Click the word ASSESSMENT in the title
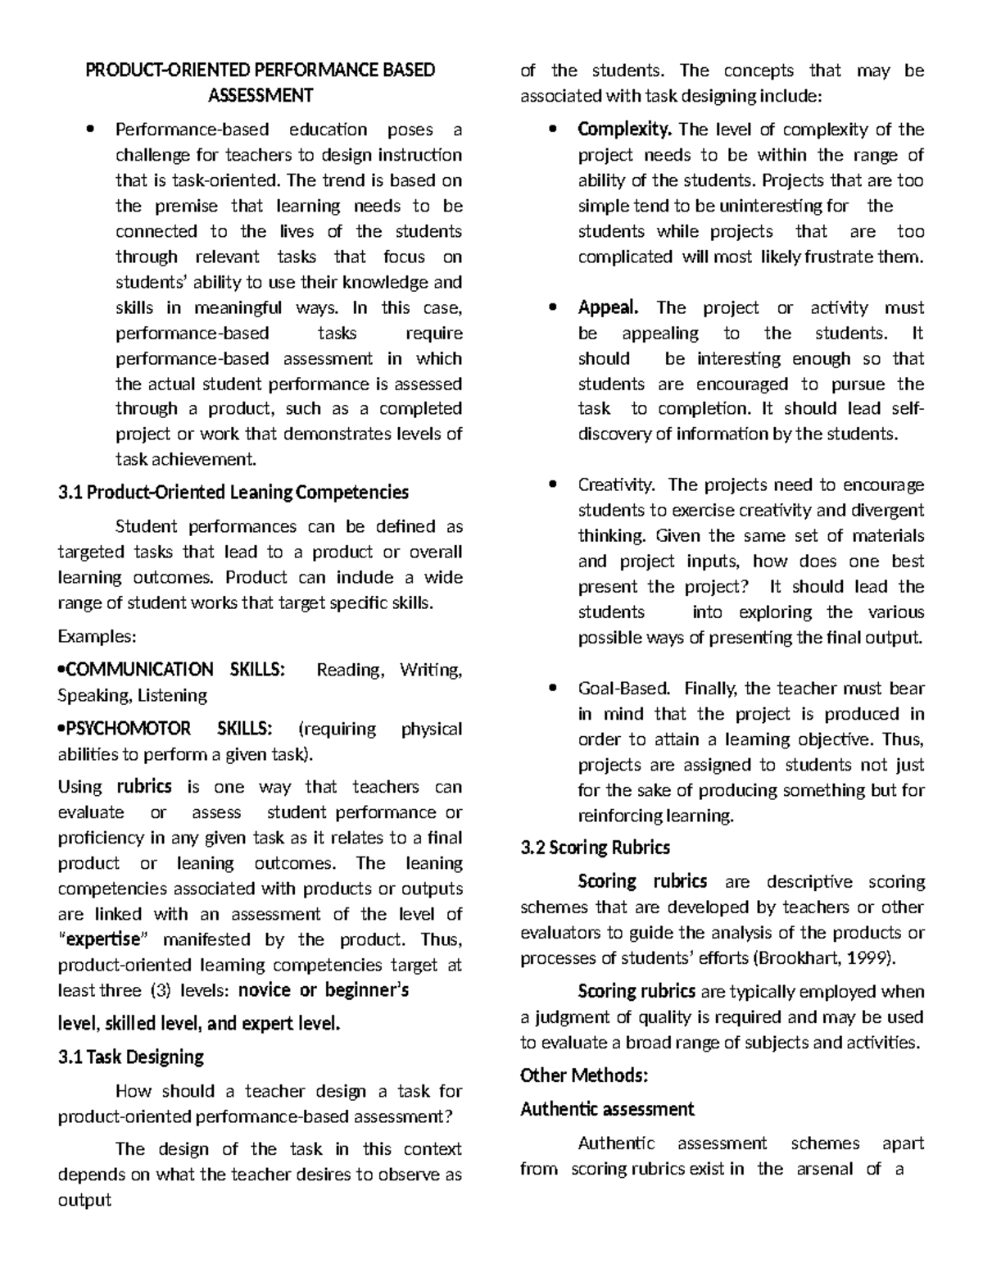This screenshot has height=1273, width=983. point(260,96)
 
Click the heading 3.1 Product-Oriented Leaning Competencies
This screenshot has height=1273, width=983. point(233,493)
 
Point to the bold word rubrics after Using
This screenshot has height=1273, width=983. point(144,787)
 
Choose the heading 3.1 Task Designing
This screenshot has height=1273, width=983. point(131,1057)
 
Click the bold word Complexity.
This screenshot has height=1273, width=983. point(625,130)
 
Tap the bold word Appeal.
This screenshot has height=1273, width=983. point(608,307)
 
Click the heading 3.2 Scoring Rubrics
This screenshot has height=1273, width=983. point(596,848)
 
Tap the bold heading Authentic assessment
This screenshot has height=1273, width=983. point(607,1110)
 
